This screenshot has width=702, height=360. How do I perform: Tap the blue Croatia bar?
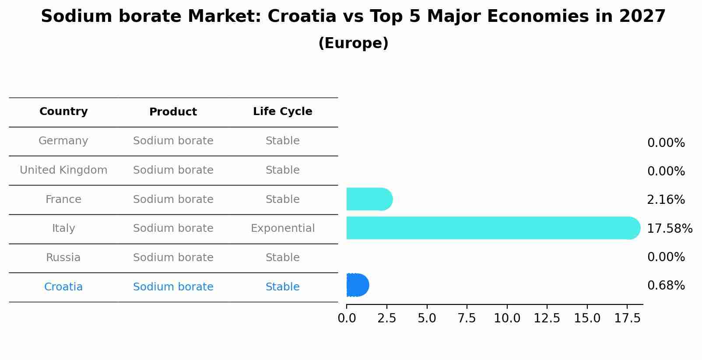click(357, 285)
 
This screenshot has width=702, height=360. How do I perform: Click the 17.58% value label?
click(669, 229)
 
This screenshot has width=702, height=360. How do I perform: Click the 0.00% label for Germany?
click(666, 143)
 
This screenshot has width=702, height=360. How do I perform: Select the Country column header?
click(63, 112)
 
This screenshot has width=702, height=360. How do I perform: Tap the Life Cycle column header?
click(282, 112)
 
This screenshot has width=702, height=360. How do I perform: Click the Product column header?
click(173, 112)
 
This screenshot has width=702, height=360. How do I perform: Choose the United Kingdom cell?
click(63, 170)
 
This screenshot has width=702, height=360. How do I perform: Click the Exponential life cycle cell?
click(282, 228)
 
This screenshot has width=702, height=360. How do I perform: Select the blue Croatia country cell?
click(63, 287)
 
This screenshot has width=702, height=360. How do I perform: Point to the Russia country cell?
click(63, 258)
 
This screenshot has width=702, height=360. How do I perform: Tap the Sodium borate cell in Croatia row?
click(173, 287)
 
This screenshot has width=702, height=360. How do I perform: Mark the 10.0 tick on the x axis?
click(507, 318)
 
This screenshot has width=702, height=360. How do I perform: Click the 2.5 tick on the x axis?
click(386, 318)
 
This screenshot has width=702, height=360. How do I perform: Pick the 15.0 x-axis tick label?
click(587, 318)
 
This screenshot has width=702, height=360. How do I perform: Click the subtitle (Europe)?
click(353, 43)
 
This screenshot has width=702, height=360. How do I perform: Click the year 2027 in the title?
click(642, 17)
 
